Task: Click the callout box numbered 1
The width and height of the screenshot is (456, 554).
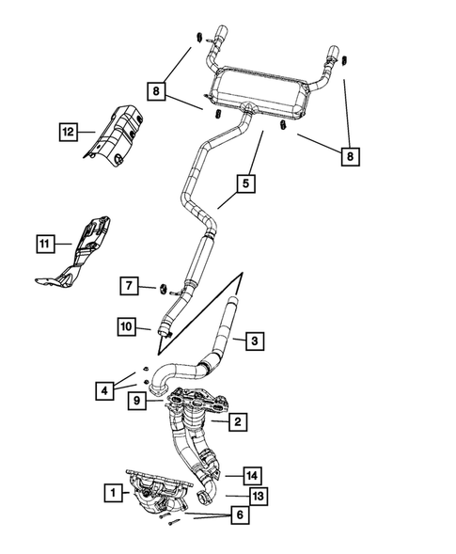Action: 112,492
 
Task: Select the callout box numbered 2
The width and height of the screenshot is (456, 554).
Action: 239,423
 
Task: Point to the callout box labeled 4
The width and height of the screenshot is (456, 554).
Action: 107,388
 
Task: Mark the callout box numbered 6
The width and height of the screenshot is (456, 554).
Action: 241,516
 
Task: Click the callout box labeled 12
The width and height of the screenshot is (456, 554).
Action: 67,133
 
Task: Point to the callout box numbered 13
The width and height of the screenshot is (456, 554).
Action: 258,495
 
